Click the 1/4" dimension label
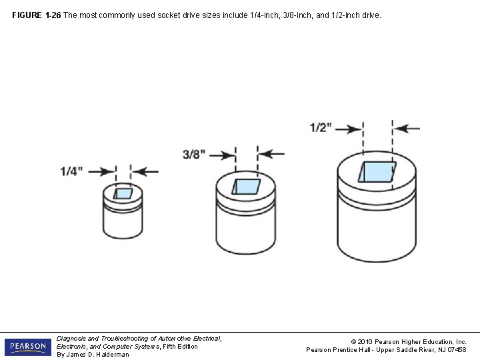pyautogui.click(x=71, y=171)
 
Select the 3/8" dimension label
pyautogui.click(x=193, y=154)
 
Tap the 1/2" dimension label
pyautogui.click(x=321, y=127)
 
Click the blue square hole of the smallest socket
pyautogui.click(x=123, y=193)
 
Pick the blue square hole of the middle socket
pyautogui.click(x=245, y=186)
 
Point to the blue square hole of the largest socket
pyautogui.click(x=377, y=171)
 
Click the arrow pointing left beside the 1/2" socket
pyautogui.click(x=408, y=128)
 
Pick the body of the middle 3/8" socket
pyautogui.click(x=245, y=227)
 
